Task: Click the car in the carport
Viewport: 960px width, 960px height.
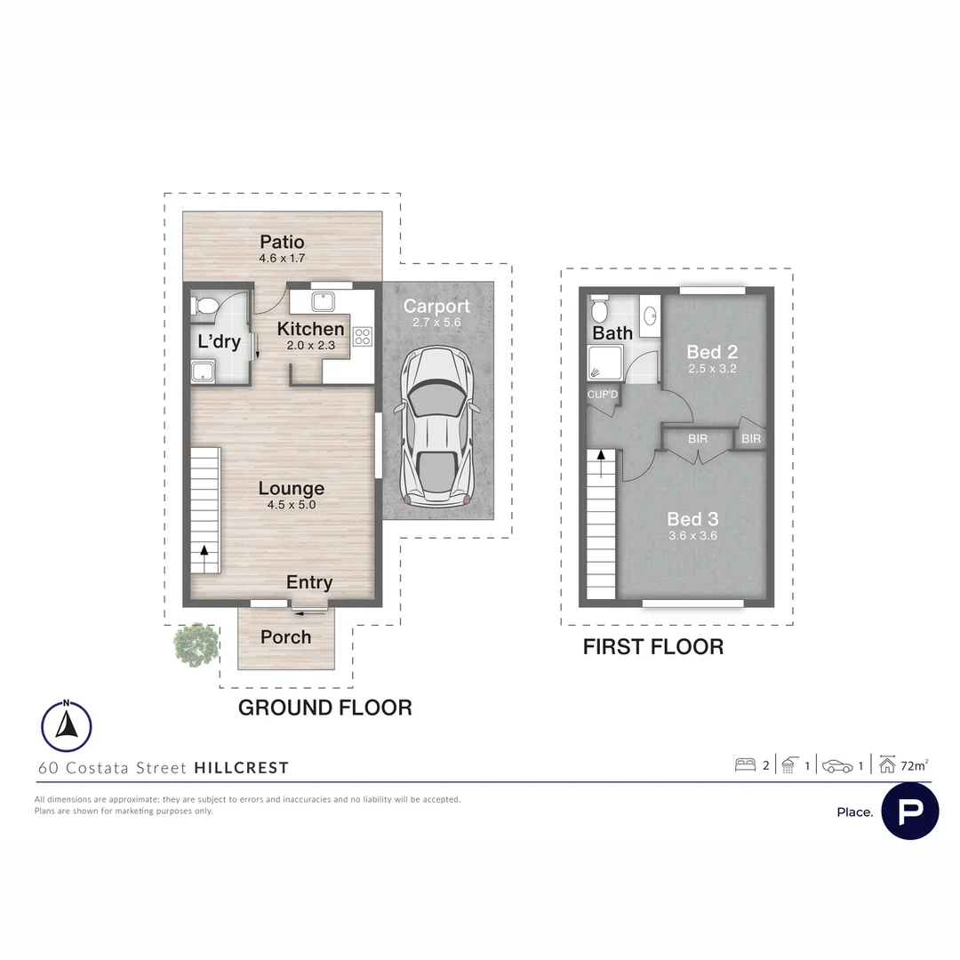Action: coord(436,427)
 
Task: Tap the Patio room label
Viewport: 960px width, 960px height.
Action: coord(282,242)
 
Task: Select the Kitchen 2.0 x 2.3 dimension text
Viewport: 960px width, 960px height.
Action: coord(311,345)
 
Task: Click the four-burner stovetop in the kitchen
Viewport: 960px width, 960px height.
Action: coord(363,337)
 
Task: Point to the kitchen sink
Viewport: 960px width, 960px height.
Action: coord(323,301)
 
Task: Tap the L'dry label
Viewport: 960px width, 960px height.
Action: coord(220,341)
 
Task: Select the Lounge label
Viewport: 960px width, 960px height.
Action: coord(292,488)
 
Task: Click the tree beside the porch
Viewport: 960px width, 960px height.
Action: coord(196,644)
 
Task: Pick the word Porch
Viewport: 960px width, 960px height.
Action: coord(286,637)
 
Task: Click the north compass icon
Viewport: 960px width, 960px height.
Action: coord(66,725)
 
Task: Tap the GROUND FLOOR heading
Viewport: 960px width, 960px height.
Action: coord(325,708)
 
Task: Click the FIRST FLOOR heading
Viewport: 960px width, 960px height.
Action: coord(653,646)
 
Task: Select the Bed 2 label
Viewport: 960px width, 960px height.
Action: coord(712,352)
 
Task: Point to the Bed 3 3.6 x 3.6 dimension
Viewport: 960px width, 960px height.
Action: coord(693,536)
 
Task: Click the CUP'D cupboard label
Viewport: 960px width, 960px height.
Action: coord(603,395)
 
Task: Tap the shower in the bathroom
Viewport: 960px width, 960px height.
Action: coord(605,363)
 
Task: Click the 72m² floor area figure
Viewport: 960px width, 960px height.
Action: coord(914,765)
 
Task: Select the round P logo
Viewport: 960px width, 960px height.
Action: coord(910,811)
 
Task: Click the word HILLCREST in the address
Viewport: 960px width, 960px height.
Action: coord(241,768)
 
